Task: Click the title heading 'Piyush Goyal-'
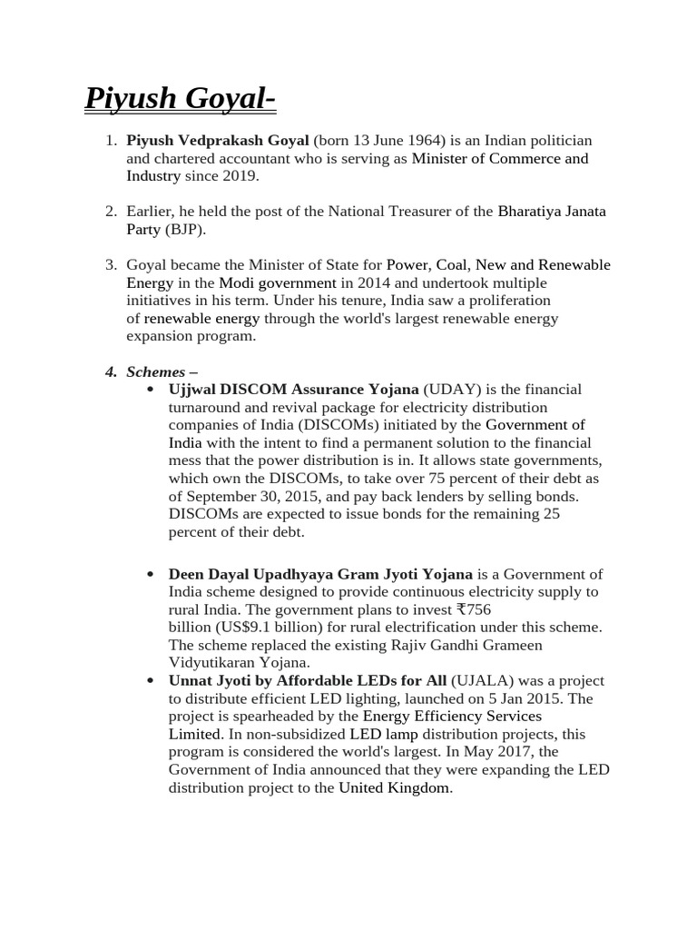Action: click(x=181, y=98)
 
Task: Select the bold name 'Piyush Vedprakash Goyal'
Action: click(x=218, y=141)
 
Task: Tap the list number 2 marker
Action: click(x=110, y=212)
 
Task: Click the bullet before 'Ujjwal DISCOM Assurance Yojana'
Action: click(x=150, y=390)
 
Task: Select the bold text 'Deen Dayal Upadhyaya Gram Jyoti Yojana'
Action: click(x=320, y=574)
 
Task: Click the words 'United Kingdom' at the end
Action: click(x=394, y=787)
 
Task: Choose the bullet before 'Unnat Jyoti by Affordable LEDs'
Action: click(x=150, y=681)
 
